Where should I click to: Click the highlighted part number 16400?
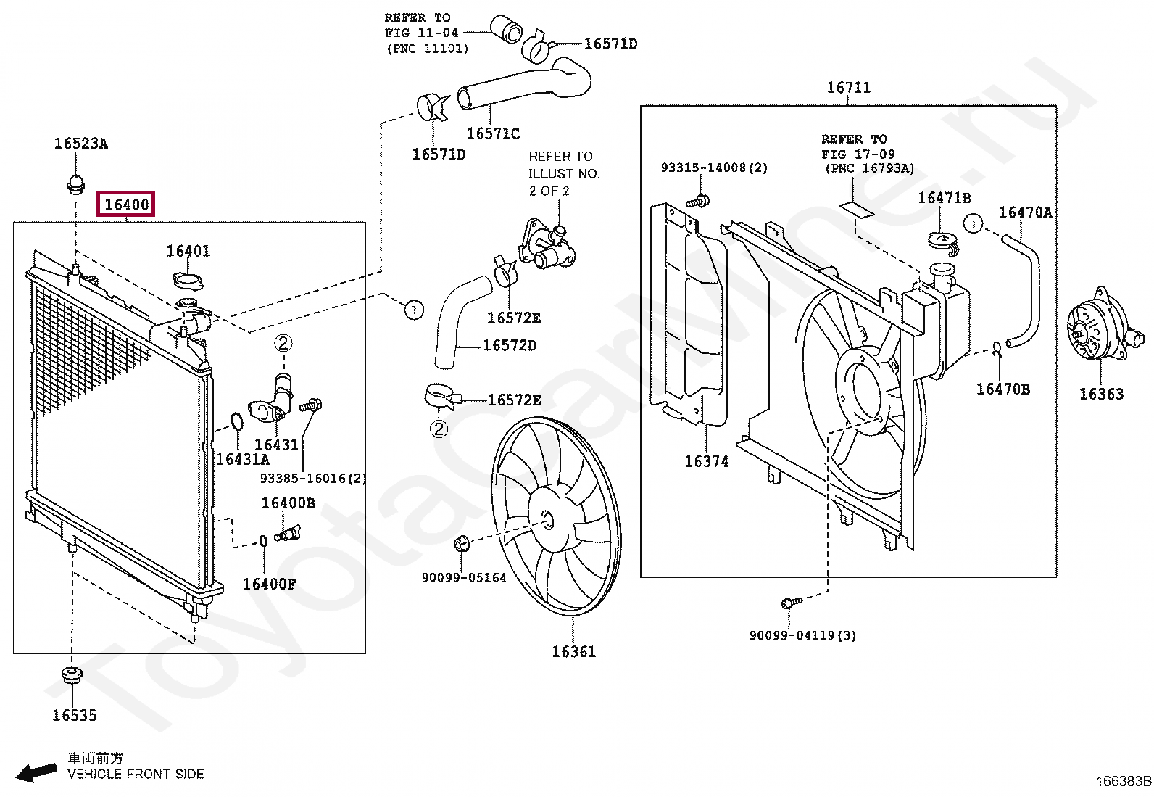pyautogui.click(x=127, y=205)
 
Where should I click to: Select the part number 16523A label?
pyautogui.click(x=80, y=144)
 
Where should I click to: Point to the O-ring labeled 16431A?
pyautogui.click(x=236, y=422)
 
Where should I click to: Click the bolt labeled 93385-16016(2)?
pyautogui.click(x=315, y=406)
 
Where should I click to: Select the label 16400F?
pyautogui.click(x=269, y=584)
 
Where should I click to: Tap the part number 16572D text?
pyautogui.click(x=510, y=345)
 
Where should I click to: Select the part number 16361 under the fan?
pyautogui.click(x=573, y=651)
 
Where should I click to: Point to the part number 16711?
pyautogui.click(x=849, y=88)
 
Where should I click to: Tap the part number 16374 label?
pyautogui.click(x=706, y=461)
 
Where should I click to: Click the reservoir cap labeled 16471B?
pyautogui.click(x=941, y=239)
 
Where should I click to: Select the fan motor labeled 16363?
pyautogui.click(x=1096, y=333)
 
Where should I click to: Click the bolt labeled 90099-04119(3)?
pyautogui.click(x=790, y=603)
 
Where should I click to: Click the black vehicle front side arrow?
pyautogui.click(x=37, y=772)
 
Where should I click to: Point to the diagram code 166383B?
pyautogui.click(x=1123, y=781)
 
